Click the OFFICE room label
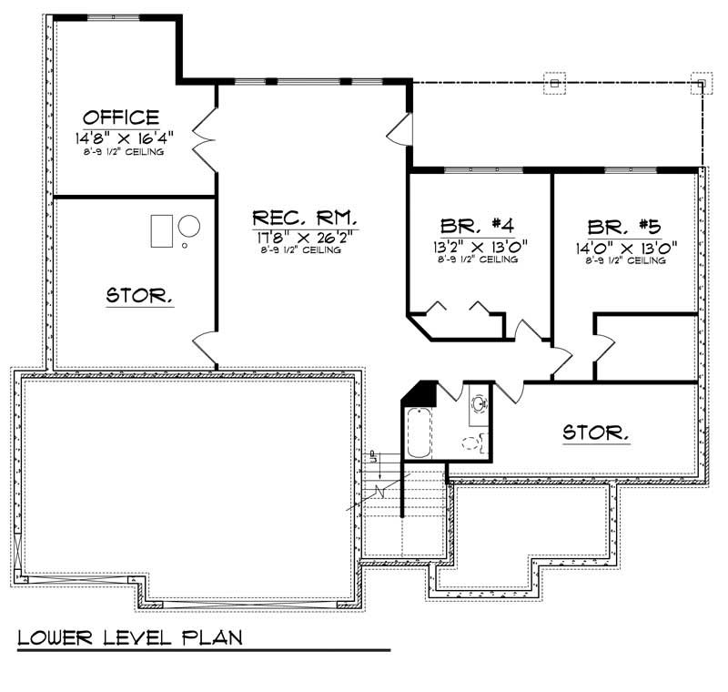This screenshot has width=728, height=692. (121, 117)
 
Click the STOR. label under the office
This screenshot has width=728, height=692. (140, 296)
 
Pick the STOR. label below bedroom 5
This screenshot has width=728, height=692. (596, 432)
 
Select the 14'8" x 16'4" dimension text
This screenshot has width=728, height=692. (124, 137)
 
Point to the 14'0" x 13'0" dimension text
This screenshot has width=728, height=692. (625, 245)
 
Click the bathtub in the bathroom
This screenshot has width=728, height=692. (418, 434)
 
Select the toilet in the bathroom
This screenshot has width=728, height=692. (471, 443)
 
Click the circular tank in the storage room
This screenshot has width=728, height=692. (190, 225)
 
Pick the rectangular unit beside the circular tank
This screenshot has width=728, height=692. (161, 229)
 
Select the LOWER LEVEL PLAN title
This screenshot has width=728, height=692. (130, 636)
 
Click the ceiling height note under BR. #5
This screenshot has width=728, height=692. (625, 260)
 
